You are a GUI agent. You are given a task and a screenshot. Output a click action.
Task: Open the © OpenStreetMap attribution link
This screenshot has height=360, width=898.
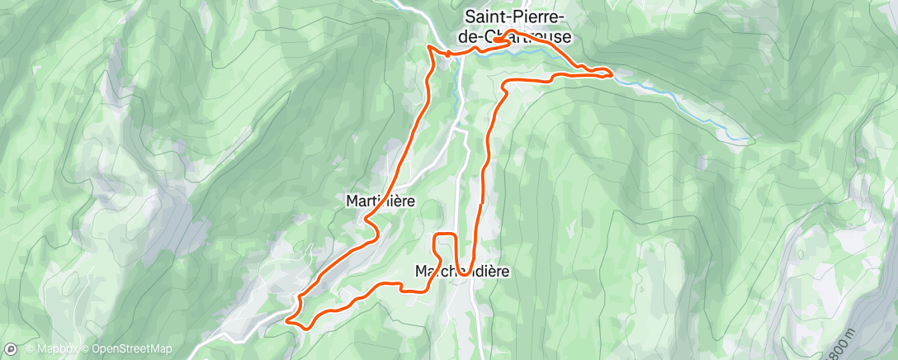tap(132, 348)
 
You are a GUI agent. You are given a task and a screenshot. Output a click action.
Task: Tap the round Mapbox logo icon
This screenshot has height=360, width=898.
tap(11, 348)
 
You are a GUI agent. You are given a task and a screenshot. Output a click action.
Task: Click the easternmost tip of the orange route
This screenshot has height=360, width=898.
tap(612, 74)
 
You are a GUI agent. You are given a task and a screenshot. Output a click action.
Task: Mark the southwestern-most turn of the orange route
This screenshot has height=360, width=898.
tap(288, 320)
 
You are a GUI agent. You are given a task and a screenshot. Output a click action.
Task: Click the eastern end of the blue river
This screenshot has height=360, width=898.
tap(747, 140)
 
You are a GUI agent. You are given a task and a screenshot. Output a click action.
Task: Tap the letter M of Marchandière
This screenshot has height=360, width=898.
tap(420, 271)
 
